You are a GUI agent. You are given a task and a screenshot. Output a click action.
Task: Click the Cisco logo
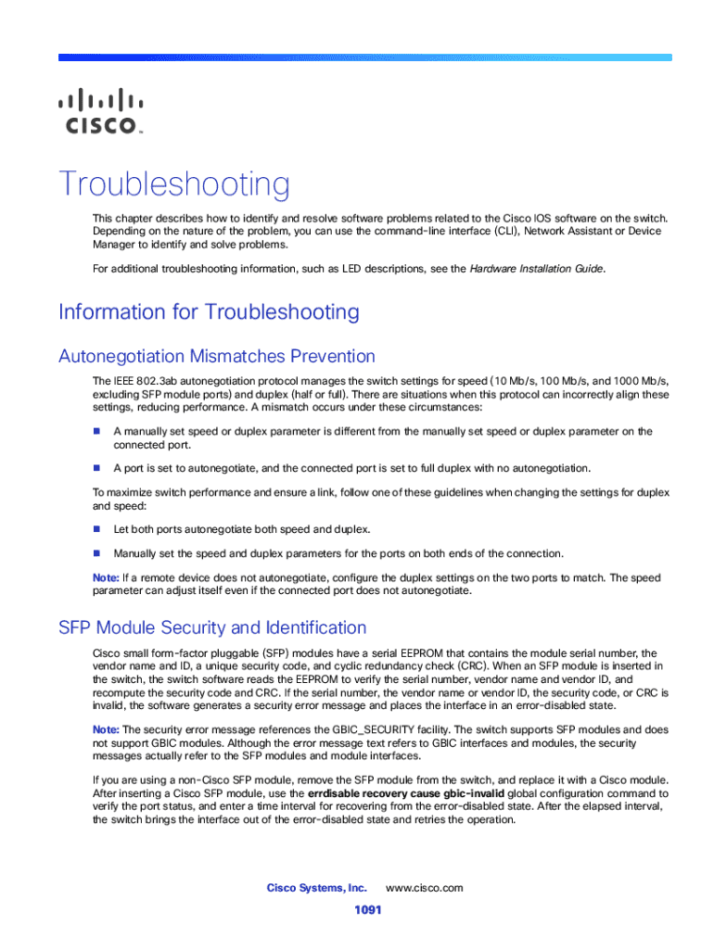[x=101, y=111]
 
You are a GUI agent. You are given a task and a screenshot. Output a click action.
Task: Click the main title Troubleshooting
[x=174, y=184]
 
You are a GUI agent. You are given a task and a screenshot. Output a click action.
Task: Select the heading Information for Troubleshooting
[x=209, y=311]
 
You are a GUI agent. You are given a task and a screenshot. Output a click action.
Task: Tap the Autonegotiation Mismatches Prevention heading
[x=217, y=356]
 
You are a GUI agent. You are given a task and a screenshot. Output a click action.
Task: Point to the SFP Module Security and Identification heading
[x=212, y=627]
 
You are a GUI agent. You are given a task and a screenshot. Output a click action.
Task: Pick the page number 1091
[x=368, y=910]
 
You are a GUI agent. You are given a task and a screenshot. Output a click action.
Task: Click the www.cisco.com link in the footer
[x=424, y=888]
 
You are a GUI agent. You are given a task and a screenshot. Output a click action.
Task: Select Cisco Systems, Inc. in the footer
[x=317, y=888]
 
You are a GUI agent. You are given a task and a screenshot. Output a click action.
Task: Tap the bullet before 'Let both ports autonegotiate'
[x=96, y=528]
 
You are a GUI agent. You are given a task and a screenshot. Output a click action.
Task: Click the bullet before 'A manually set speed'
[x=96, y=431]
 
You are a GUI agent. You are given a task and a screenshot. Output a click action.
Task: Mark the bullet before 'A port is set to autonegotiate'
[x=96, y=467]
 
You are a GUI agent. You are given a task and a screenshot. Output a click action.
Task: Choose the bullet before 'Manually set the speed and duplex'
[x=96, y=553]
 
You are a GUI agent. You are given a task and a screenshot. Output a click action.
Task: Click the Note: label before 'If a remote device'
[x=106, y=577]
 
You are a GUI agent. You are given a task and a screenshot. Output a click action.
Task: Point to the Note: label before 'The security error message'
[x=106, y=729]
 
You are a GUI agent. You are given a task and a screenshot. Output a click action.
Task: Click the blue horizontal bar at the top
[x=364, y=57]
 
